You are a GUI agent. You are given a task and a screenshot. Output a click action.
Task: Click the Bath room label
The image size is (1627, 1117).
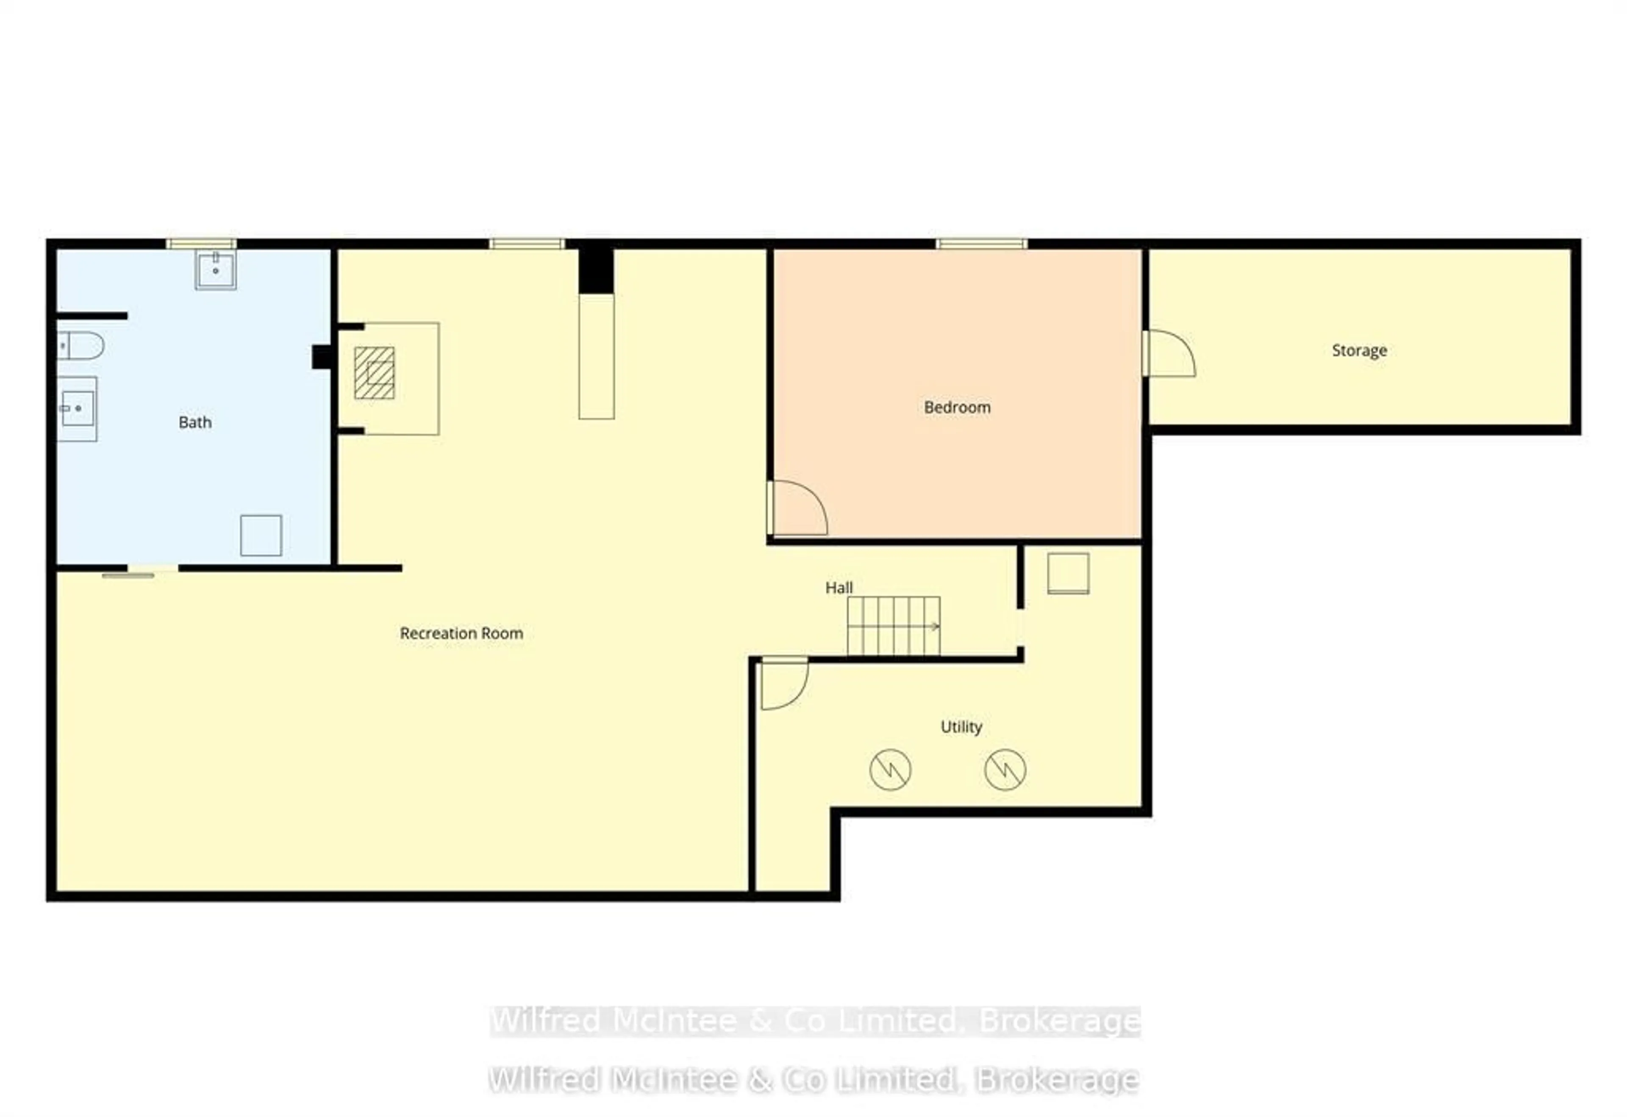pyautogui.click(x=194, y=422)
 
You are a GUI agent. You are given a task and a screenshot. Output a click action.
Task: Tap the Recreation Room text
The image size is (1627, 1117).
pyautogui.click(x=461, y=633)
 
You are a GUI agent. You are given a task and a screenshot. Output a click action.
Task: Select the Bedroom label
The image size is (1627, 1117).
pyautogui.click(x=957, y=407)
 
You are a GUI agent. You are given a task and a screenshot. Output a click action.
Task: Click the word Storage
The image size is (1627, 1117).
pyautogui.click(x=1359, y=350)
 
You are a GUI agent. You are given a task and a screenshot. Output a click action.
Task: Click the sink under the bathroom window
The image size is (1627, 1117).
pyautogui.click(x=216, y=270)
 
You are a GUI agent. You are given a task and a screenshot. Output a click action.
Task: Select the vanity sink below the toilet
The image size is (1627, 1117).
pyautogui.click(x=77, y=408)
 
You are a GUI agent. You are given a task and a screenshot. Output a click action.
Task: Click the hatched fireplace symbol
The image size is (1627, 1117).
pyautogui.click(x=375, y=373)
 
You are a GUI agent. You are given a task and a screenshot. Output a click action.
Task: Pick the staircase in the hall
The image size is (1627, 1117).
pyautogui.click(x=893, y=625)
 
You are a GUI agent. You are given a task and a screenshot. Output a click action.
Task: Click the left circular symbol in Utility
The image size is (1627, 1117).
pyautogui.click(x=890, y=770)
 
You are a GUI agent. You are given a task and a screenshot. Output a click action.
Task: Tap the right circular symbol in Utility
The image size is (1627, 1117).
pyautogui.click(x=1005, y=770)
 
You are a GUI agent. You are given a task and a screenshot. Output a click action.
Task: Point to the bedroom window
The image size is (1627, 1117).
pyautogui.click(x=982, y=244)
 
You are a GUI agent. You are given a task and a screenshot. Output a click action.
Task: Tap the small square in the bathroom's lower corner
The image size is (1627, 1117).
pyautogui.click(x=261, y=535)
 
